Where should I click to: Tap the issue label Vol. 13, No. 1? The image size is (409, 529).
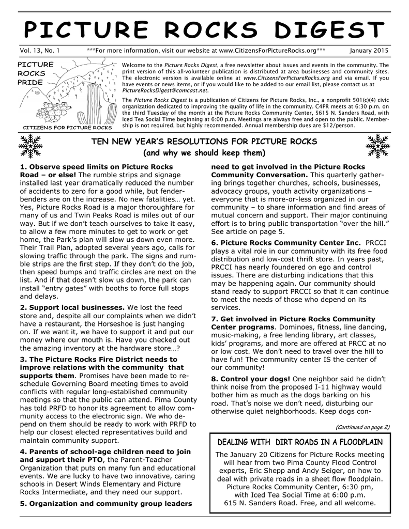pos(39,51)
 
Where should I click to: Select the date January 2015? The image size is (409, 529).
pos(369,51)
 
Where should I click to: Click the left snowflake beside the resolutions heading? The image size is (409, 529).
pos(29,146)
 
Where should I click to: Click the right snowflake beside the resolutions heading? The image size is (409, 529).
pos(377,146)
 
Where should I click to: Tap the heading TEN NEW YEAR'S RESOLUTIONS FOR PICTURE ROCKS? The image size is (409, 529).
pos(204,142)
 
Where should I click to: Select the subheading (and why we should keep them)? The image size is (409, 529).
pos(204,153)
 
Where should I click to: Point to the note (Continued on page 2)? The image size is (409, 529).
pos(362,427)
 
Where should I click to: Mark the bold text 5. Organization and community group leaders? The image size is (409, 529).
pos(105,503)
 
